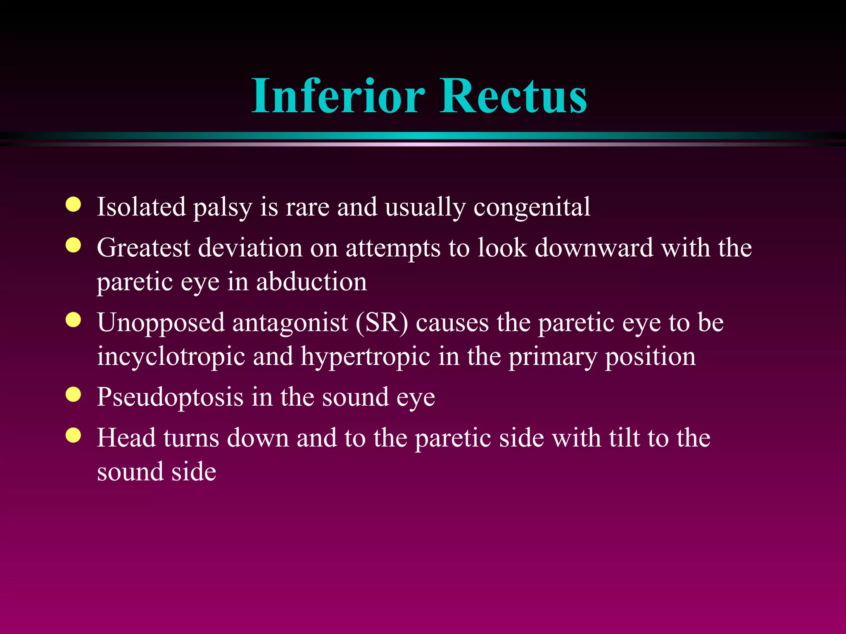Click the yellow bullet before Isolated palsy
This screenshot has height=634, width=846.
(x=73, y=204)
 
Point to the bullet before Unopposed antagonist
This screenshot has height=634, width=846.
(x=73, y=320)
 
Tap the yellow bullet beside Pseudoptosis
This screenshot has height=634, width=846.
(x=73, y=395)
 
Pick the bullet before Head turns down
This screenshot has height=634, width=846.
(x=73, y=435)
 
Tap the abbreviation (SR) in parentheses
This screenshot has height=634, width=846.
(x=382, y=323)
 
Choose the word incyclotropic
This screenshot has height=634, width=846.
(x=171, y=357)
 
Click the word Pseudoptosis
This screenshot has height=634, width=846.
(x=170, y=397)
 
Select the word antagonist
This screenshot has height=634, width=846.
(x=290, y=323)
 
